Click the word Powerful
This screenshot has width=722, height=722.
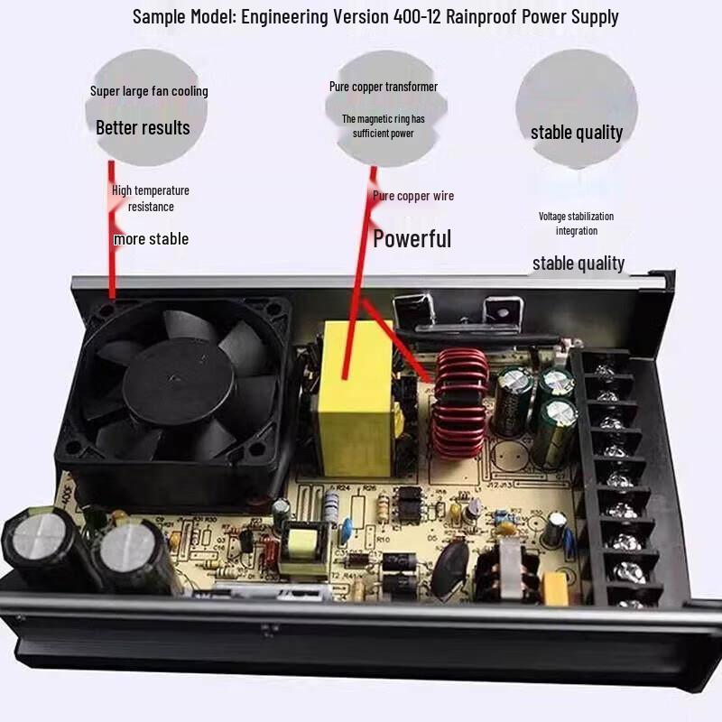(412, 239)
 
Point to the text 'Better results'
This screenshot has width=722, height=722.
(143, 128)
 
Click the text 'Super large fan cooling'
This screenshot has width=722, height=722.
(149, 91)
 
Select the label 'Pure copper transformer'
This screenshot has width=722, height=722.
(383, 87)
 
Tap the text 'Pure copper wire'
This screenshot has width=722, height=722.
(413, 196)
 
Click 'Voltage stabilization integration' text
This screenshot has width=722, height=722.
(576, 224)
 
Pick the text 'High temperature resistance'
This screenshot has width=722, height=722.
(151, 199)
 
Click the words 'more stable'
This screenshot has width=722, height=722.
(151, 239)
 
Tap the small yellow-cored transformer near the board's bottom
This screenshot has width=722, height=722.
(302, 545)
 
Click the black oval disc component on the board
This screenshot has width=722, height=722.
(449, 569)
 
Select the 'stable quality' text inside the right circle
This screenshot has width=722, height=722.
(577, 133)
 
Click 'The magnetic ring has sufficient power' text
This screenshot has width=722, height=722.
(383, 126)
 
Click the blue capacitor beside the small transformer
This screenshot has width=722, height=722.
(345, 532)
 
